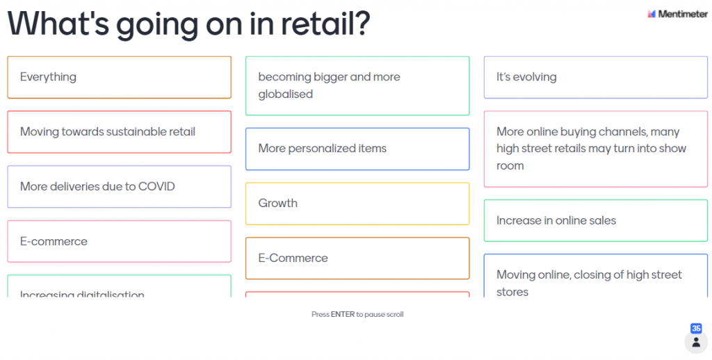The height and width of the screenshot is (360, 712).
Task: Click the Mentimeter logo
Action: click(677, 14)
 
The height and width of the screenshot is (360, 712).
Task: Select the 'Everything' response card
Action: click(120, 77)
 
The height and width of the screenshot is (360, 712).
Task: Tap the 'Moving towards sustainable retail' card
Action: click(120, 132)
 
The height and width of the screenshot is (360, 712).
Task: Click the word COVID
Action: click(156, 186)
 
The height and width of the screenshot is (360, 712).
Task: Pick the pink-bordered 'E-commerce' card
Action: click(120, 242)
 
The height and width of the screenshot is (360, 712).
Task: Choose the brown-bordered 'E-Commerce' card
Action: click(357, 259)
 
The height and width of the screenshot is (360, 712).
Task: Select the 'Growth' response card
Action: click(357, 204)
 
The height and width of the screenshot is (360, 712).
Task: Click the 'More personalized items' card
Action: click(357, 149)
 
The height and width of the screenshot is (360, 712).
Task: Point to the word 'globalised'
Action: click(286, 95)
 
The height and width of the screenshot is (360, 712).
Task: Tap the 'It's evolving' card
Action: click(596, 77)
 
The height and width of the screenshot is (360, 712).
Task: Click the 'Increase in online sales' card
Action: click(596, 220)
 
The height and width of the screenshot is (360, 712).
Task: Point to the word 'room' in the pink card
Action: click(510, 166)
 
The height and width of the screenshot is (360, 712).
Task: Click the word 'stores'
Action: click(512, 293)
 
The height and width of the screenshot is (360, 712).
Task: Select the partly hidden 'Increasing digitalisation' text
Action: click(82, 294)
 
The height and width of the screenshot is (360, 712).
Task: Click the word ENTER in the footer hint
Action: click(343, 314)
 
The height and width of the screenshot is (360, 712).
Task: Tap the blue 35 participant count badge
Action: click(696, 328)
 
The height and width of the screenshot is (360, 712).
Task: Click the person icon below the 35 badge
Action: click(696, 343)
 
